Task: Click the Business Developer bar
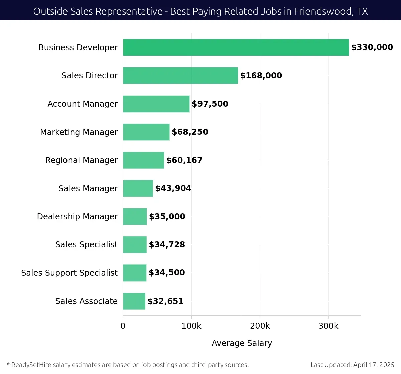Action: (x=236, y=47)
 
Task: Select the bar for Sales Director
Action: (x=180, y=75)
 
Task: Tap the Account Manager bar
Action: (x=156, y=104)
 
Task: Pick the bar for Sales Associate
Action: (x=134, y=301)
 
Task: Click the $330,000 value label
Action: (x=372, y=47)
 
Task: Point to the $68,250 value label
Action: (x=190, y=132)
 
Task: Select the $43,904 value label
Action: (x=173, y=188)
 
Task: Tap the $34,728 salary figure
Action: (x=167, y=245)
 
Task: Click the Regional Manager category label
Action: (x=82, y=160)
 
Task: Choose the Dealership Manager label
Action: (x=77, y=217)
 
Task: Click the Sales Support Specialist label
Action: (x=69, y=273)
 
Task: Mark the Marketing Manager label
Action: (x=79, y=132)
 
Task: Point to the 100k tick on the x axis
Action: (x=191, y=326)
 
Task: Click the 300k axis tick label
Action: (x=328, y=326)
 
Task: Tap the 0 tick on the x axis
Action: (x=123, y=326)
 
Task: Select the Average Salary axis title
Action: (x=242, y=343)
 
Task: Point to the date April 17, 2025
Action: (x=374, y=365)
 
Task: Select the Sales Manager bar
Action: (x=138, y=188)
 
